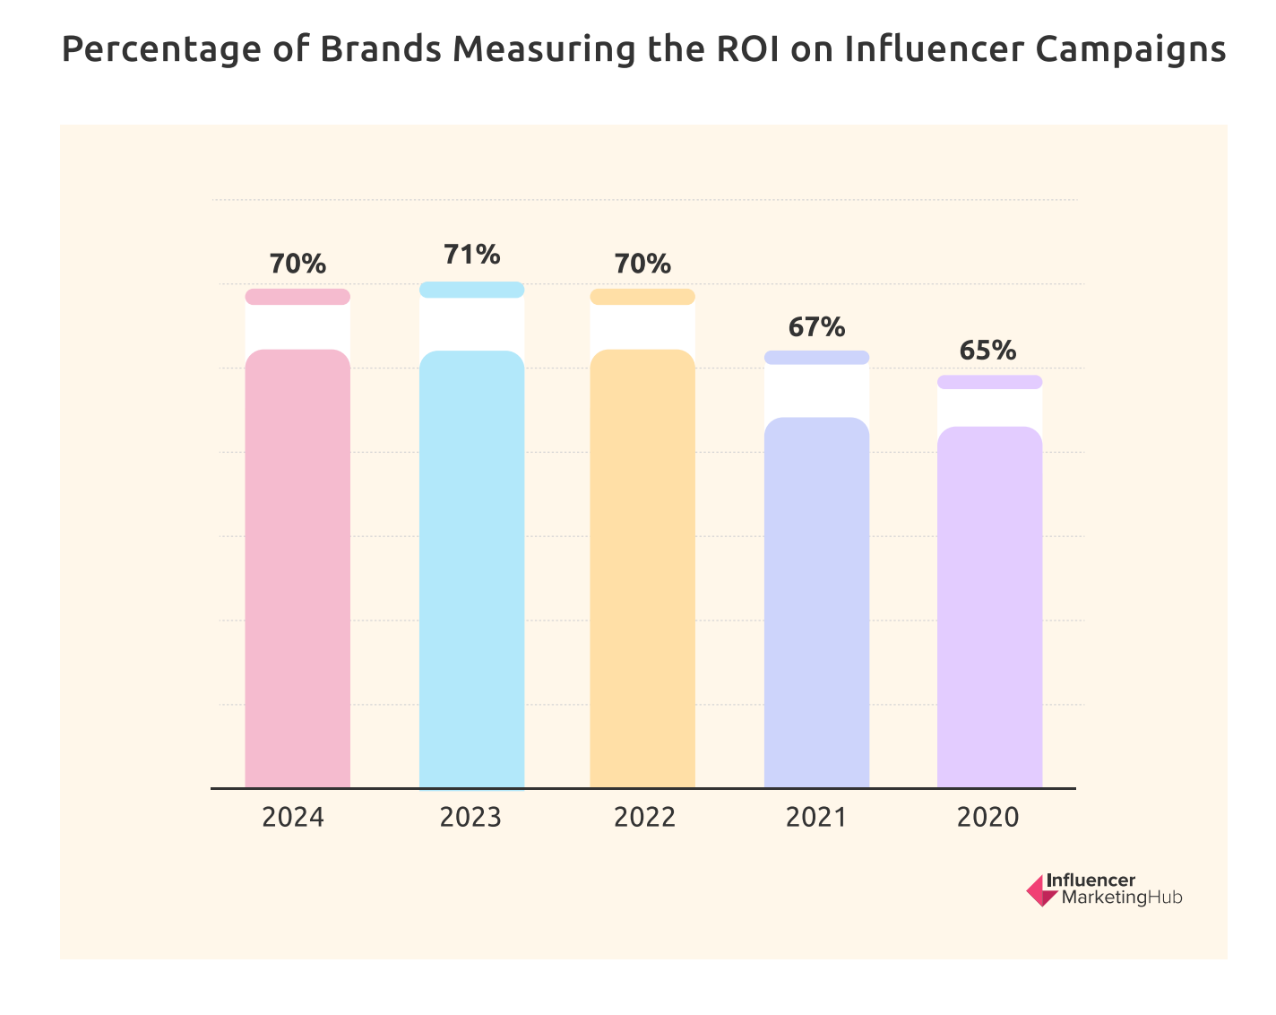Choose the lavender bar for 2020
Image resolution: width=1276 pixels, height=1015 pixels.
click(989, 610)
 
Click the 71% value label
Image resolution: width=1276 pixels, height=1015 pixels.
click(471, 255)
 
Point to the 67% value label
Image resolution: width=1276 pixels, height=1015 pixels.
click(816, 327)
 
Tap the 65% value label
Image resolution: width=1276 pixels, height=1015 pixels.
click(989, 350)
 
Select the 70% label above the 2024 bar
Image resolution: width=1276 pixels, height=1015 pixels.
click(297, 265)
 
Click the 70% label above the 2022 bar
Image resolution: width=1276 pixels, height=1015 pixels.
click(642, 265)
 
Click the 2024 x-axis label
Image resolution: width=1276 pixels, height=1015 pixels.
click(293, 818)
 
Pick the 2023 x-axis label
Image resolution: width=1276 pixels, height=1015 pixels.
click(470, 818)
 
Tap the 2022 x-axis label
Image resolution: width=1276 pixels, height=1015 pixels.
click(644, 818)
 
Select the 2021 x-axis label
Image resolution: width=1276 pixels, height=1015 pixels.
click(815, 818)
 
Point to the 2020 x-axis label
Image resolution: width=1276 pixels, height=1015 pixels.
click(988, 818)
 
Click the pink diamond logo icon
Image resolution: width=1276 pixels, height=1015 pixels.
click(1041, 890)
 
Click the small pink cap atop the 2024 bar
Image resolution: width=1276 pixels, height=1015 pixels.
click(297, 297)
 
